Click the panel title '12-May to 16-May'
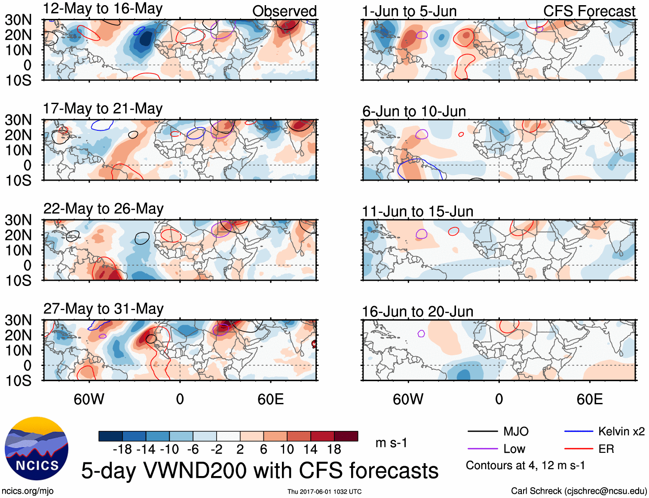tap(103, 9)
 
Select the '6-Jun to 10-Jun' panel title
tap(414, 111)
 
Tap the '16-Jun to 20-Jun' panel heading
tap(417, 311)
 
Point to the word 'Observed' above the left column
tap(284, 11)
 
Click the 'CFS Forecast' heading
tap(589, 11)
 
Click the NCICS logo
tap(37, 449)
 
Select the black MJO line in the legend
tap(482, 431)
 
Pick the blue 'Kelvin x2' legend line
tap(579, 431)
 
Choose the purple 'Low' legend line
tap(482, 449)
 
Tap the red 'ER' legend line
tap(579, 449)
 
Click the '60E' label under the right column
tap(589, 399)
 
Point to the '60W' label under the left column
tap(89, 399)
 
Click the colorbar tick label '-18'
tap(122, 449)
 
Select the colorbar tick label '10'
tap(287, 449)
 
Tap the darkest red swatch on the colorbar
tap(346, 436)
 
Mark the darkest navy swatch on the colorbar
tap(110, 436)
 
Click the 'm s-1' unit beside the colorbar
tap(391, 443)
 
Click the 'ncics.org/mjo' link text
tap(28, 491)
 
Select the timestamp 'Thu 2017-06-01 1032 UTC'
tap(324, 492)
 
